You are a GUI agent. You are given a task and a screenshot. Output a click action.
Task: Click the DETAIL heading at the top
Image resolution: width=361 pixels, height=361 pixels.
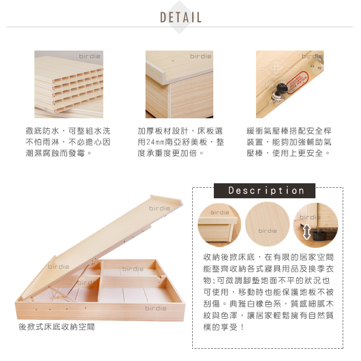180,17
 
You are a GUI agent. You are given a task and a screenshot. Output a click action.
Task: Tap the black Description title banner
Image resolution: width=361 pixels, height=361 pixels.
264,190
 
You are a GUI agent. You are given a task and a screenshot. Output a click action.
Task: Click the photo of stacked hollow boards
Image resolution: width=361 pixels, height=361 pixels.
69,84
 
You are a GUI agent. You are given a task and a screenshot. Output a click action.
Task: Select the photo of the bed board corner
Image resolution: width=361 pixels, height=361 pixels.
179,84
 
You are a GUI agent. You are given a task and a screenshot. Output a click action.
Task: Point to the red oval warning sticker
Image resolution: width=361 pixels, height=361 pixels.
297,82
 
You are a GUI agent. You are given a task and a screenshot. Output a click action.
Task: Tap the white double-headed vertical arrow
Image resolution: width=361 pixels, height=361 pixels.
307,232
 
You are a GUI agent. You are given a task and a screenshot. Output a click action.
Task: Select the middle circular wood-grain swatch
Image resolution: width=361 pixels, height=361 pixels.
267,224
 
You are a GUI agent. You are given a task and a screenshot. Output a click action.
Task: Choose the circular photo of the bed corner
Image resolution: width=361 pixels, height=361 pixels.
219,225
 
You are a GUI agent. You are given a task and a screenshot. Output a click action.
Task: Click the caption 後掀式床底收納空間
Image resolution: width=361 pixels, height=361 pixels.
57,327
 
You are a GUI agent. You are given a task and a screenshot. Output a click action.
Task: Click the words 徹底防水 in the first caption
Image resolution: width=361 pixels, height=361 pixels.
42,131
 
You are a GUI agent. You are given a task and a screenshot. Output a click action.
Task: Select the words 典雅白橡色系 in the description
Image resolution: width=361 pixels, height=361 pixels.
255,304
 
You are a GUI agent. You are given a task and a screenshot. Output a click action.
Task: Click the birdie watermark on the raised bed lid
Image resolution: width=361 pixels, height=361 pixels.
159,208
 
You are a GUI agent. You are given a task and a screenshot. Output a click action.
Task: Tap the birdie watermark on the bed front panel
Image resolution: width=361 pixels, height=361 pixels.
156,308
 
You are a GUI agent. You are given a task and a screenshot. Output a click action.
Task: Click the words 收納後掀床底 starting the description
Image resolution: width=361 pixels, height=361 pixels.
229,257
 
